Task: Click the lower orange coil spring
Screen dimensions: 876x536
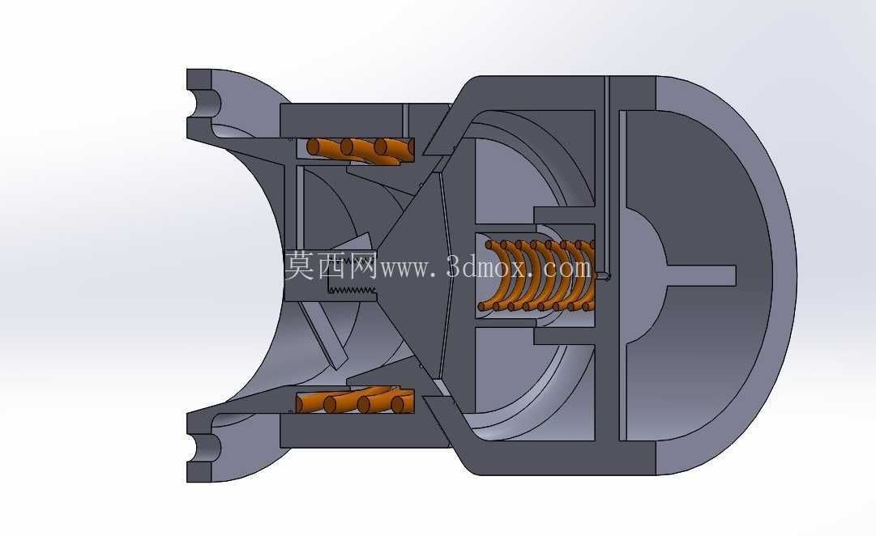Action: click(355, 400)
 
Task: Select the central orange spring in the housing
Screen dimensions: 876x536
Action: click(537, 275)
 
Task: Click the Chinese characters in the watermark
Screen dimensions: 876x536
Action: click(331, 266)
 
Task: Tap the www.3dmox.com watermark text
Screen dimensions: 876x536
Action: click(485, 268)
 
